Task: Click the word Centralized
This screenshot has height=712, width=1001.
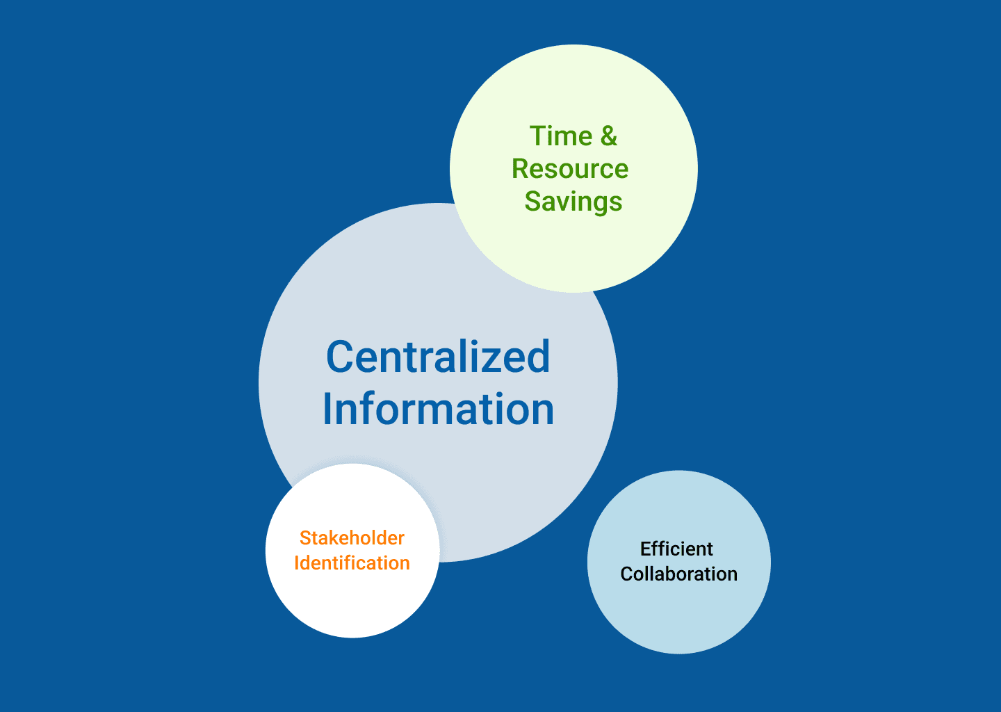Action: (438, 356)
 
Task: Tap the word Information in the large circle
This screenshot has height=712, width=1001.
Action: (439, 409)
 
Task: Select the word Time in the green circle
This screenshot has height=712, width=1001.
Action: (561, 136)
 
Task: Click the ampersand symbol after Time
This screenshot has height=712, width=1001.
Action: (609, 136)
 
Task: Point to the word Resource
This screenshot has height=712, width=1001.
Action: (570, 168)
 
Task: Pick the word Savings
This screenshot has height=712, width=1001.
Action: (573, 202)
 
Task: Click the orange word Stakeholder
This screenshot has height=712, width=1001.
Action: (352, 537)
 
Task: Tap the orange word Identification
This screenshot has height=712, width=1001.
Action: (352, 563)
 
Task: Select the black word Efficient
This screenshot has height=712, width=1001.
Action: (676, 549)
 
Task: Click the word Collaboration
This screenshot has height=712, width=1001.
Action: (678, 574)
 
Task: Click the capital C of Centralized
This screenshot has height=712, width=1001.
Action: (341, 357)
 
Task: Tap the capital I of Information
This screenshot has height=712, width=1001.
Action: (327, 409)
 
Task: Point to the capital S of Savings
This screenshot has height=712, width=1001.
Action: (533, 202)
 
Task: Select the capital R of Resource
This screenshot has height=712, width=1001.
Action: (521, 168)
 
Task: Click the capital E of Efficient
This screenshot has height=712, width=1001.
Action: (646, 549)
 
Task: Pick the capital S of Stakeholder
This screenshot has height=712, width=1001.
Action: (306, 537)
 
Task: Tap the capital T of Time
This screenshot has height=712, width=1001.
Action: (539, 136)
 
